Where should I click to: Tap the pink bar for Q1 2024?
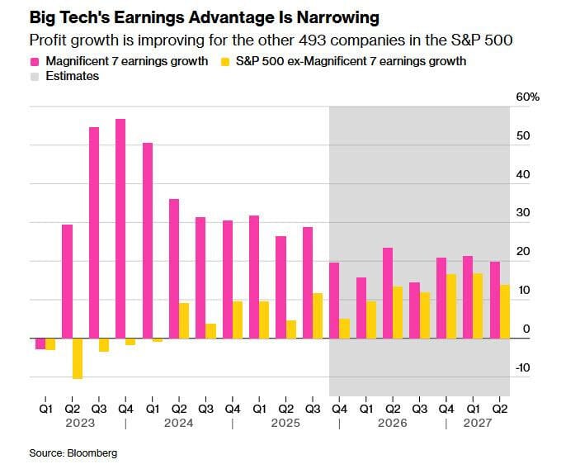(148, 240)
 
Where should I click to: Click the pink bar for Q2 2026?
(388, 293)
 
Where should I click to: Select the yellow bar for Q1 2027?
(478, 306)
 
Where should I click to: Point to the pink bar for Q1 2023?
(40, 343)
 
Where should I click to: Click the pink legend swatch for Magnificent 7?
(35, 60)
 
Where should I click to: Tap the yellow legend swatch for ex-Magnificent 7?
(225, 60)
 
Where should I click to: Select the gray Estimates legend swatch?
(35, 76)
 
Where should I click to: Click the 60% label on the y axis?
(528, 97)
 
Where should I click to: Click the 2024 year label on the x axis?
(179, 423)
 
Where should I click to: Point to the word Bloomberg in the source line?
(93, 452)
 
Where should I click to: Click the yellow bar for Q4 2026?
(451, 306)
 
